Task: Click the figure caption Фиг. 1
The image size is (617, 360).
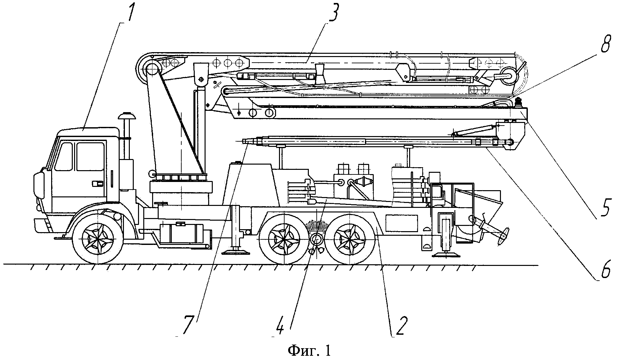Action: [x=309, y=351]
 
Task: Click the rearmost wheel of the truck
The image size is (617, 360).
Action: [x=350, y=237]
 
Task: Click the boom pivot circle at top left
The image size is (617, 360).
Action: [x=151, y=69]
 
